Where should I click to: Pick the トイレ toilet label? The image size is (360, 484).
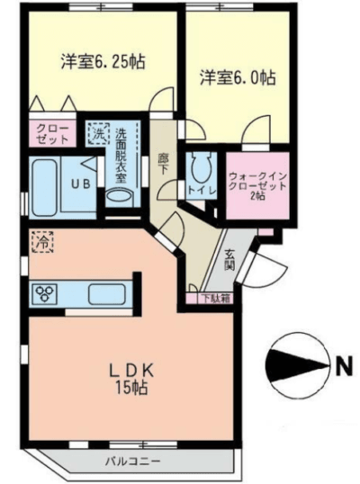pyautogui.click(x=200, y=191)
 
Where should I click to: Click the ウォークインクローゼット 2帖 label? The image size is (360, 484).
pyautogui.click(x=257, y=184)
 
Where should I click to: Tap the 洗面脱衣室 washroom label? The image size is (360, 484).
pyautogui.click(x=122, y=153)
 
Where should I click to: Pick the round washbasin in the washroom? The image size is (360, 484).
pyautogui.click(x=117, y=194)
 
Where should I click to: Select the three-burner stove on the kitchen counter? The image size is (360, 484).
pyautogui.click(x=45, y=292)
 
